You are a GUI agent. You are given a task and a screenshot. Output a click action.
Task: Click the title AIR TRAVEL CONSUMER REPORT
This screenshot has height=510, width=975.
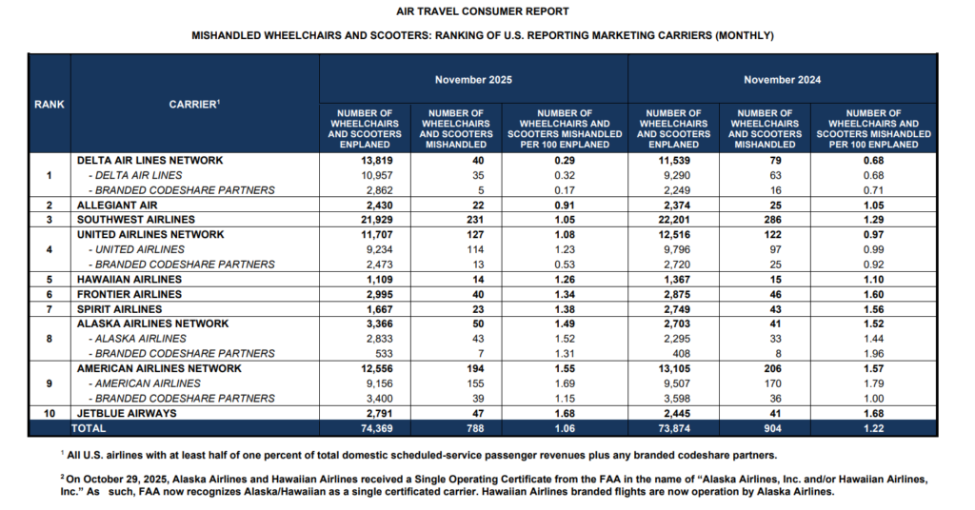pos(483,11)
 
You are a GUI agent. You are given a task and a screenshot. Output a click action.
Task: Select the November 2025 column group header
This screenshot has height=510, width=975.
pos(473,80)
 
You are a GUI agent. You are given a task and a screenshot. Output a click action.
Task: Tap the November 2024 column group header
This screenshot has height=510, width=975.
pos(783,80)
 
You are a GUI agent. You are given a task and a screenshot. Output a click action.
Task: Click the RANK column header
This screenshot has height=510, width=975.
pos(50,105)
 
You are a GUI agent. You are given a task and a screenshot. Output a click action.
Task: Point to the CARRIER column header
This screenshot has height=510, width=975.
pos(195,105)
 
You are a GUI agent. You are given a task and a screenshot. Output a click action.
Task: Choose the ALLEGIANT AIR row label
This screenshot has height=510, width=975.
pos(117,205)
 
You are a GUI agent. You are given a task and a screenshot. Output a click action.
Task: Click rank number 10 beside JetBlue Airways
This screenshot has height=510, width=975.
pos(50,413)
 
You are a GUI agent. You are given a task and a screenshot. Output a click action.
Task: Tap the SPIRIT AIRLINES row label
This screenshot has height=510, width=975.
pos(120,309)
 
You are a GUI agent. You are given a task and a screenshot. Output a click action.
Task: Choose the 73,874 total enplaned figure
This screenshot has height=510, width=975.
pos(673,428)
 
